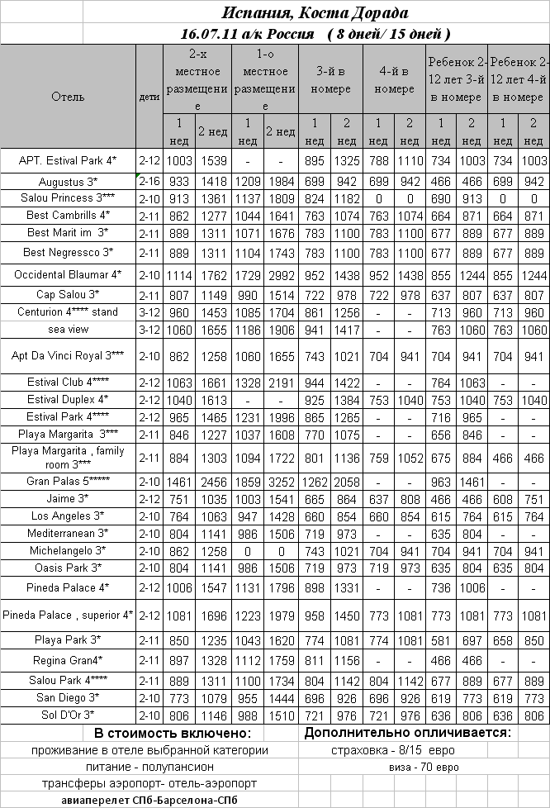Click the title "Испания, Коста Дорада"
(x=315, y=13)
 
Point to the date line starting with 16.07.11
(x=315, y=34)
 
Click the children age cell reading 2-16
(x=149, y=181)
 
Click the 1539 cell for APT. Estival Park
(x=212, y=159)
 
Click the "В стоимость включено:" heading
(x=172, y=734)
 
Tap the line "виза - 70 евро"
(x=424, y=767)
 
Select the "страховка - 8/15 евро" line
(x=392, y=750)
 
